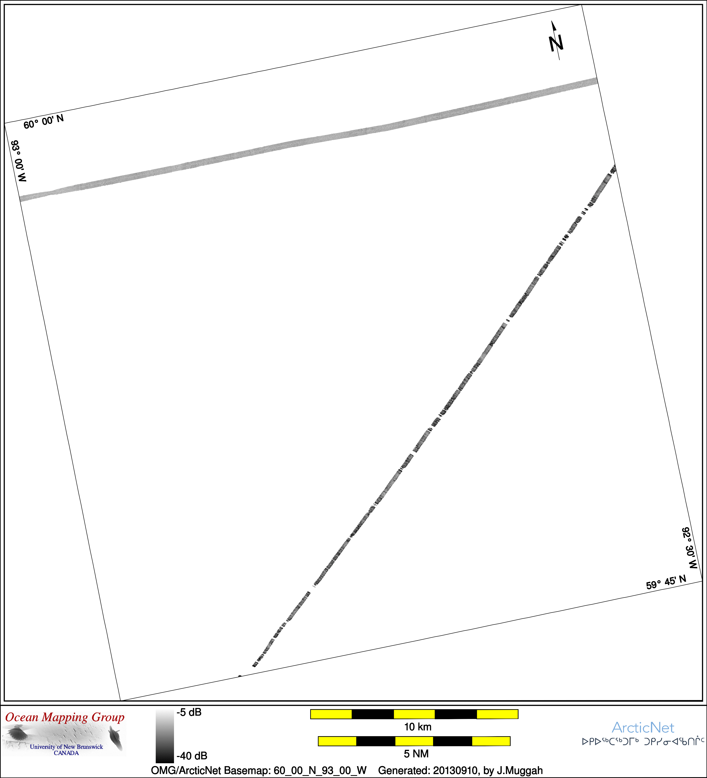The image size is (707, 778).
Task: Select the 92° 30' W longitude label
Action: coord(690,548)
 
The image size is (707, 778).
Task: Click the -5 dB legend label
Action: coord(189,712)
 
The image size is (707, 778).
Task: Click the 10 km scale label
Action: coord(418,727)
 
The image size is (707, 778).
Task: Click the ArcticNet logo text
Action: coord(643,727)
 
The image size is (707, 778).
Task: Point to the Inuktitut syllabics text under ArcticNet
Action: coord(643,741)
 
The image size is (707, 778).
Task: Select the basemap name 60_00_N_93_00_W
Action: coord(320,770)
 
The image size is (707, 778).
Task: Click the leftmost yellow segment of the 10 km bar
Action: coord(331,714)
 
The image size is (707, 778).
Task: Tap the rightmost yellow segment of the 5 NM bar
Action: coord(491,741)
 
